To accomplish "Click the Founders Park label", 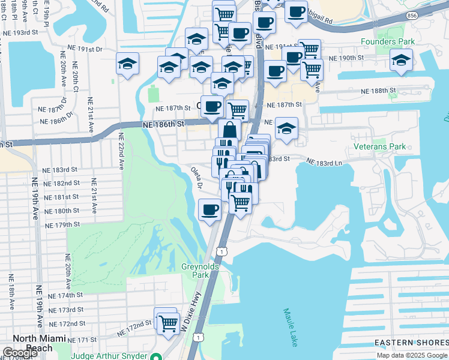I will [388, 42].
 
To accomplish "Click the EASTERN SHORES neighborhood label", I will [411, 343].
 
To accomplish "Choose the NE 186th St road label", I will [163, 124].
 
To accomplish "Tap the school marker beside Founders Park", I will [400, 59].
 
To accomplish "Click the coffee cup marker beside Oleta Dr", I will [209, 209].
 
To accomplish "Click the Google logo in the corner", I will [19, 353].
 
